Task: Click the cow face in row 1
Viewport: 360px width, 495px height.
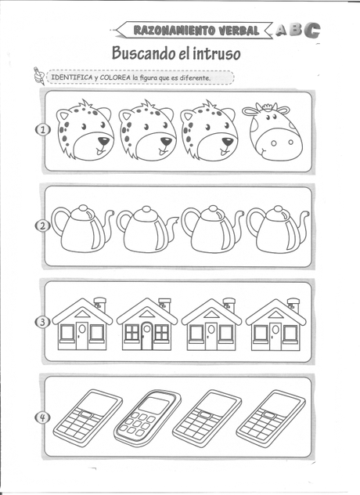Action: (x=273, y=132)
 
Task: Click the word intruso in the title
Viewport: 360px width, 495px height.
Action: (x=217, y=53)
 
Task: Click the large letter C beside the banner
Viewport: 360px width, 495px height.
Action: (x=311, y=31)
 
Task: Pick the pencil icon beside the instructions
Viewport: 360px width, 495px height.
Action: (x=39, y=75)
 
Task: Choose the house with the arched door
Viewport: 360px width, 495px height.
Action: (x=146, y=324)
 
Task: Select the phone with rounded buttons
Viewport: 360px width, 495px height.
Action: (x=148, y=416)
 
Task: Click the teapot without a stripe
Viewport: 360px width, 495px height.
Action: (x=147, y=229)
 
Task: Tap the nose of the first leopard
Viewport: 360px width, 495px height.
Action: (x=103, y=140)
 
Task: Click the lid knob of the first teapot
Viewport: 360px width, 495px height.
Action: (x=83, y=208)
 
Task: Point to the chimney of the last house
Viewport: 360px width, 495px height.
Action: (x=293, y=305)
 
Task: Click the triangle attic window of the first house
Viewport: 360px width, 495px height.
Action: (x=81, y=314)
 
